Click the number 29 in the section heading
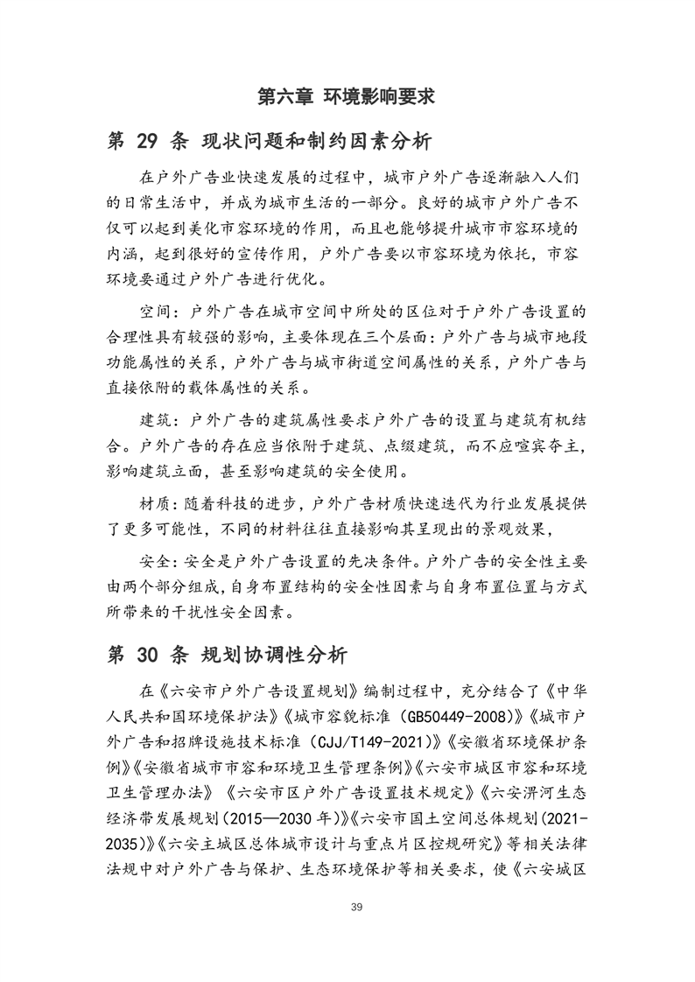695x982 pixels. (x=153, y=141)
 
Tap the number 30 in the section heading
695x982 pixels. (x=153, y=654)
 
